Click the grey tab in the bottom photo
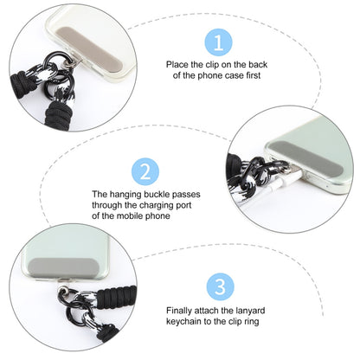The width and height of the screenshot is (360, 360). click(54, 274)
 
